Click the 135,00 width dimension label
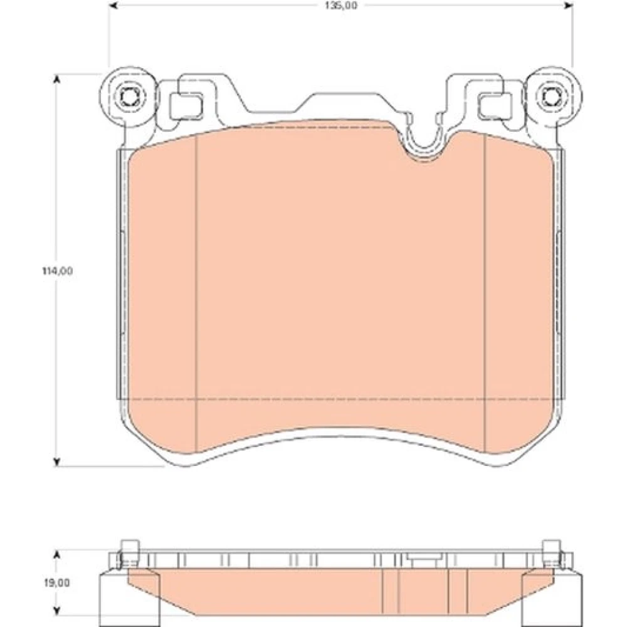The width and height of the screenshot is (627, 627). coord(341,6)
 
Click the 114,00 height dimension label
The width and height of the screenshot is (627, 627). coord(58,271)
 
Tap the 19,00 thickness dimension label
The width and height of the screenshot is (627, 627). coord(57,583)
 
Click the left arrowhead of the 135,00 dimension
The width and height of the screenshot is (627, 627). coord(113,6)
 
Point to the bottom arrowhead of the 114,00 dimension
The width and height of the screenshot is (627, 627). coord(57,462)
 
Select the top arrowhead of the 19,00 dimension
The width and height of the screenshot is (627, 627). coord(57,555)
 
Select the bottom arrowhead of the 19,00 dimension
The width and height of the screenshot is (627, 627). coord(57,611)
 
